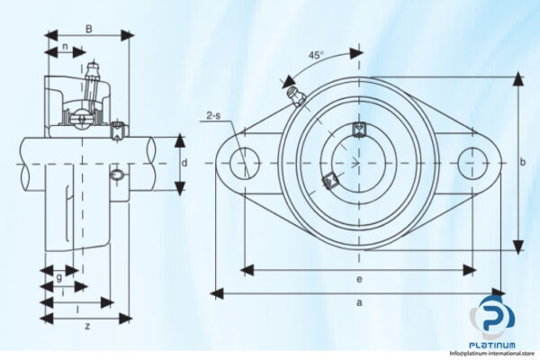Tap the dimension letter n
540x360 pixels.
[x=65, y=47]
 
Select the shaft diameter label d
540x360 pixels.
[x=184, y=163]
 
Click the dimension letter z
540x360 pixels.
[x=86, y=326]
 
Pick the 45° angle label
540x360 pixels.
[x=316, y=55]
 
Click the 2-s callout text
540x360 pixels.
[x=213, y=115]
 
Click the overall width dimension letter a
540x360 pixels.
[x=358, y=303]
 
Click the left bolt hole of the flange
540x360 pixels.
[x=244, y=163]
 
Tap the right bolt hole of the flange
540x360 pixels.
[x=472, y=163]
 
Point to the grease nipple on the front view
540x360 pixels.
[x=293, y=96]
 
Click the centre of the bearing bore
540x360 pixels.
[x=358, y=163]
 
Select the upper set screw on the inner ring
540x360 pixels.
[x=359, y=127]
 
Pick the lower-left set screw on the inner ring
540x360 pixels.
[x=329, y=180]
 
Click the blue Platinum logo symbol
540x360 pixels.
[x=493, y=317]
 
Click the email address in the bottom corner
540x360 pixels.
[x=493, y=355]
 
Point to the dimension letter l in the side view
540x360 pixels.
[x=76, y=306]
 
